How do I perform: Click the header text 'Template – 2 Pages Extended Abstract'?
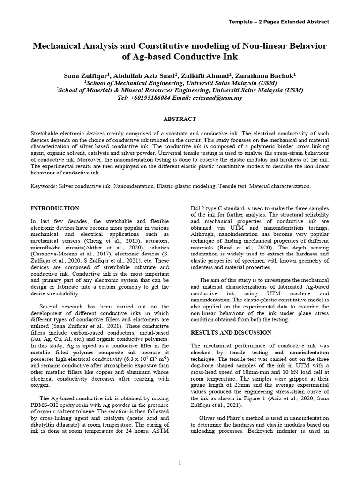(278, 22)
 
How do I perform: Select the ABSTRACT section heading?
(180, 119)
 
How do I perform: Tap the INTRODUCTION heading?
(55, 208)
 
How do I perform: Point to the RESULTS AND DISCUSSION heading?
(231, 332)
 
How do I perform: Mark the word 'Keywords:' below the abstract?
(44, 186)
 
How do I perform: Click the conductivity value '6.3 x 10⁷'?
(136, 359)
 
